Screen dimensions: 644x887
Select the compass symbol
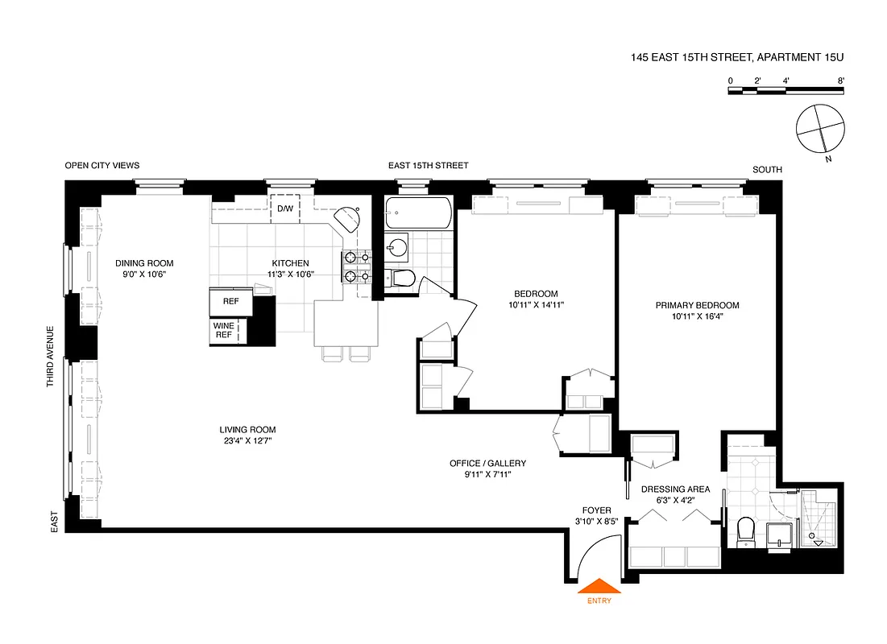820,129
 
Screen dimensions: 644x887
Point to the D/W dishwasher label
285,209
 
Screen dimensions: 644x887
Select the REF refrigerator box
230,301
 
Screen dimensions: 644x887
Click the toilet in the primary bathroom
746,531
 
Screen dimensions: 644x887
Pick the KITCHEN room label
290,263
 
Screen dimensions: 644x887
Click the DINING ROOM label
144,263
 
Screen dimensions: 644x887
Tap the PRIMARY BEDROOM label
697,305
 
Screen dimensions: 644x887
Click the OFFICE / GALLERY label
487,463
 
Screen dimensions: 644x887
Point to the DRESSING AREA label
675,489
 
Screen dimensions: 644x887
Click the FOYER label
597,510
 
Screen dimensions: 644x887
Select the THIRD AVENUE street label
50,357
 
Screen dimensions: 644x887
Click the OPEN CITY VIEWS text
102,165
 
